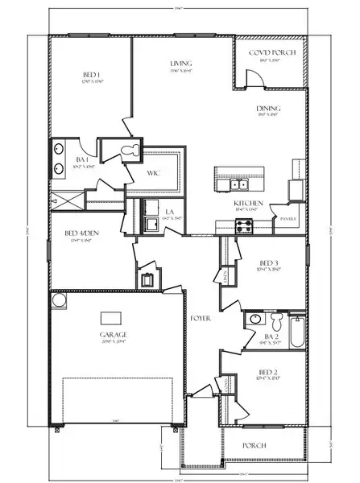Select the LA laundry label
(x=170, y=213)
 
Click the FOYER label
(x=200, y=319)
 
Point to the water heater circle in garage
(x=59, y=301)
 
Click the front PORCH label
(x=255, y=444)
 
